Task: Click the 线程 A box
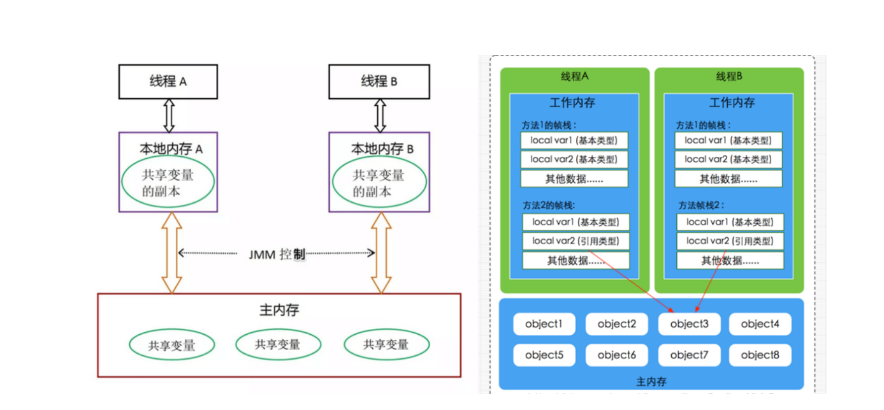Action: coord(168,82)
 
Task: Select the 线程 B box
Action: coord(379,82)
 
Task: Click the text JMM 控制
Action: coord(277,254)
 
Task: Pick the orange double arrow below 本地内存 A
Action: coord(171,253)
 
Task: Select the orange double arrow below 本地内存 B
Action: coord(381,253)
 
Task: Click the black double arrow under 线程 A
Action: coord(170,116)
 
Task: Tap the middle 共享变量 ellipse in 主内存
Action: coord(279,344)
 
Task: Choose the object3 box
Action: coord(689,324)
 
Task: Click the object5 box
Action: coord(544,355)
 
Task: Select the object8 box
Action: coord(760,355)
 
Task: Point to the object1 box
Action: coord(544,324)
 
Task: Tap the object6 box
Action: coord(616,355)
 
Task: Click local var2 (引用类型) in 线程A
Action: coord(576,241)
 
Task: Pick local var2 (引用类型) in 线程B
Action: coord(730,241)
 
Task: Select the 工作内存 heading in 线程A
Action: coord(572,103)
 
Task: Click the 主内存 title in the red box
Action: coord(279,310)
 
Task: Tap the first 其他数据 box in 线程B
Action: coord(728,179)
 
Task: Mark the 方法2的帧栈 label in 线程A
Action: coord(549,205)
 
